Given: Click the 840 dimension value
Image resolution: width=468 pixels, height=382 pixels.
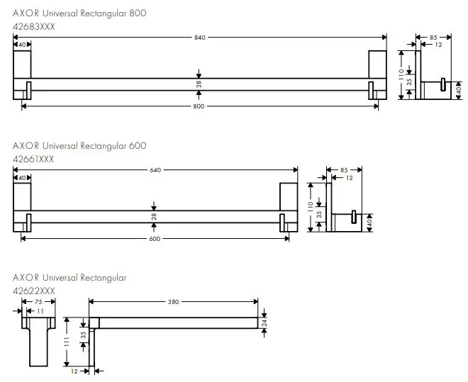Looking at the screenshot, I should [199, 37].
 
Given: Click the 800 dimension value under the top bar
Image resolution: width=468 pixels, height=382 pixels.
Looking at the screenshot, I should [199, 106].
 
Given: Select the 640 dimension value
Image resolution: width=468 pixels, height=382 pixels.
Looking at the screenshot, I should [154, 169].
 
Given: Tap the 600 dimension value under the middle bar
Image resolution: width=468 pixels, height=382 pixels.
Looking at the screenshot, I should [155, 238].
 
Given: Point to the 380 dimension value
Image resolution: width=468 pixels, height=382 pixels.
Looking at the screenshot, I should [173, 302].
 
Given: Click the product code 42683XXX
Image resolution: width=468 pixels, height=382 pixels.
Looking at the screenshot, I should [34, 26].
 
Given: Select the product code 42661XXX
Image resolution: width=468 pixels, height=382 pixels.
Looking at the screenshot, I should [33, 159].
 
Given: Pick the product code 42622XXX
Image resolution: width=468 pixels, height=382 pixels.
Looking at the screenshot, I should [34, 291].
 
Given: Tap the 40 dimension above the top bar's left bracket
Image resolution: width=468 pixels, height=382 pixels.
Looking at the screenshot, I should [22, 45].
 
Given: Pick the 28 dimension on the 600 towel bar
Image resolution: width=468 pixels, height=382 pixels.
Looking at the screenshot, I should [154, 216].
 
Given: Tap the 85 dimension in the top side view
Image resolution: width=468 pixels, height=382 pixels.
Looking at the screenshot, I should [423, 37].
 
